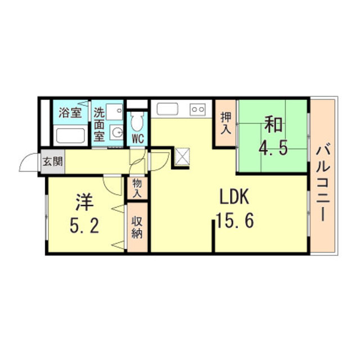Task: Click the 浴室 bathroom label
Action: (x=70, y=112)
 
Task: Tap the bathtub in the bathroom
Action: (x=70, y=136)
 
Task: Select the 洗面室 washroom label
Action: (x=99, y=124)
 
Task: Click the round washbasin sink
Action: (x=116, y=133)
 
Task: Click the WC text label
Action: (x=138, y=139)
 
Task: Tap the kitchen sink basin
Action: (x=168, y=109)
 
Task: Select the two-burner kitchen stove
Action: (x=197, y=109)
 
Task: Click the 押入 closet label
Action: (x=226, y=124)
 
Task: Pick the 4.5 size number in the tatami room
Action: (x=273, y=148)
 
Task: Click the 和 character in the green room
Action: (x=273, y=124)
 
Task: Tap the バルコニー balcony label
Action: (x=323, y=182)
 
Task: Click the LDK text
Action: (x=234, y=197)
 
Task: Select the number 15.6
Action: (x=235, y=220)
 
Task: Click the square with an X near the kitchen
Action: (x=182, y=156)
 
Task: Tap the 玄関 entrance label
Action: (x=53, y=161)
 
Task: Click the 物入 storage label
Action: (x=137, y=188)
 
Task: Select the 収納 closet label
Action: (x=137, y=227)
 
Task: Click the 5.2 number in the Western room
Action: (x=84, y=226)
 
